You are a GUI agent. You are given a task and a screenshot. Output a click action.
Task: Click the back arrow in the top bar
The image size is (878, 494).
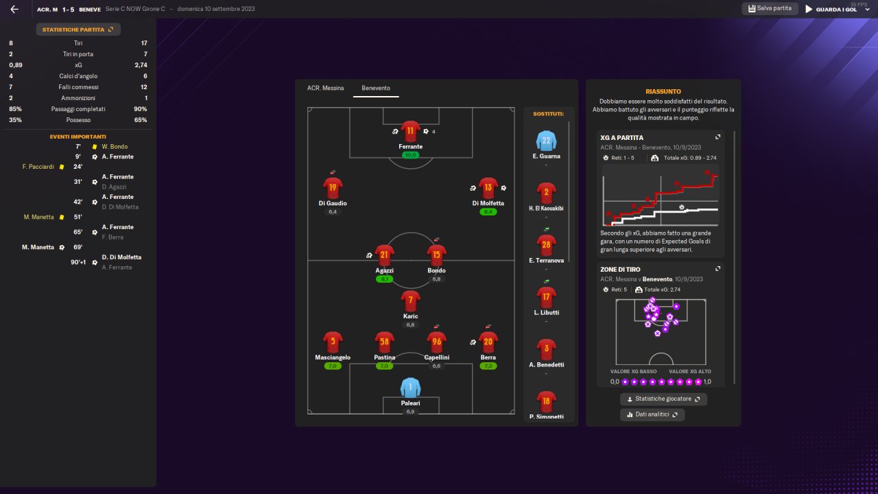pyautogui.click(x=14, y=9)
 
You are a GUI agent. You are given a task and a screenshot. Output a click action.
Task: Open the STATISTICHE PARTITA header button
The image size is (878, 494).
pyautogui.click(x=78, y=30)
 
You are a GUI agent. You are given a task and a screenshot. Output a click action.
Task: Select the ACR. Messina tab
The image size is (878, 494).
pyautogui.click(x=325, y=89)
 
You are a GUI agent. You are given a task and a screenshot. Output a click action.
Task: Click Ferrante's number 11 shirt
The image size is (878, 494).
pyautogui.click(x=410, y=130)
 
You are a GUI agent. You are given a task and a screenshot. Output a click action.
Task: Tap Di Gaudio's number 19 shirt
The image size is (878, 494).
pyautogui.click(x=333, y=187)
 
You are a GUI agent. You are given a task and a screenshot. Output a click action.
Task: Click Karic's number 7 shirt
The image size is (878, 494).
pyautogui.click(x=410, y=301)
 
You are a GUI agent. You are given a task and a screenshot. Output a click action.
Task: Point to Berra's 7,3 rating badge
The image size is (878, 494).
pyautogui.click(x=488, y=366)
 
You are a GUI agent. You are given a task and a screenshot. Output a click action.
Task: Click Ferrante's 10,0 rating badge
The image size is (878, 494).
pyautogui.click(x=410, y=155)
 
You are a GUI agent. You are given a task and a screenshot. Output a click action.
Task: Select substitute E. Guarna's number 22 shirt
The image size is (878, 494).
pyautogui.click(x=546, y=140)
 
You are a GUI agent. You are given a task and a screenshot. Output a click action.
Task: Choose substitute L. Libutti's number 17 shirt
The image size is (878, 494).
pyautogui.click(x=546, y=297)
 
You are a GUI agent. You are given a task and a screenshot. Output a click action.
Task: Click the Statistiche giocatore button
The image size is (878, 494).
pyautogui.click(x=663, y=399)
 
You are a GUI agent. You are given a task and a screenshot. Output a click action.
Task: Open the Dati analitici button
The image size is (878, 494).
pyautogui.click(x=652, y=414)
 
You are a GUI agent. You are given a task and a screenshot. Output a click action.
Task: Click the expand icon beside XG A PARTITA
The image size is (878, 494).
pyautogui.click(x=718, y=137)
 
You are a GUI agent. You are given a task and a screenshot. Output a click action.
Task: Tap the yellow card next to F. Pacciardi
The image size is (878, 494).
pyautogui.click(x=61, y=167)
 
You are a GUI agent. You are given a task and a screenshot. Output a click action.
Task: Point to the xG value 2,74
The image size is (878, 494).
pyautogui.click(x=141, y=65)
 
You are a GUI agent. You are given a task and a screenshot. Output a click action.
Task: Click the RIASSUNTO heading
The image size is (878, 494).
pyautogui.click(x=663, y=91)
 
